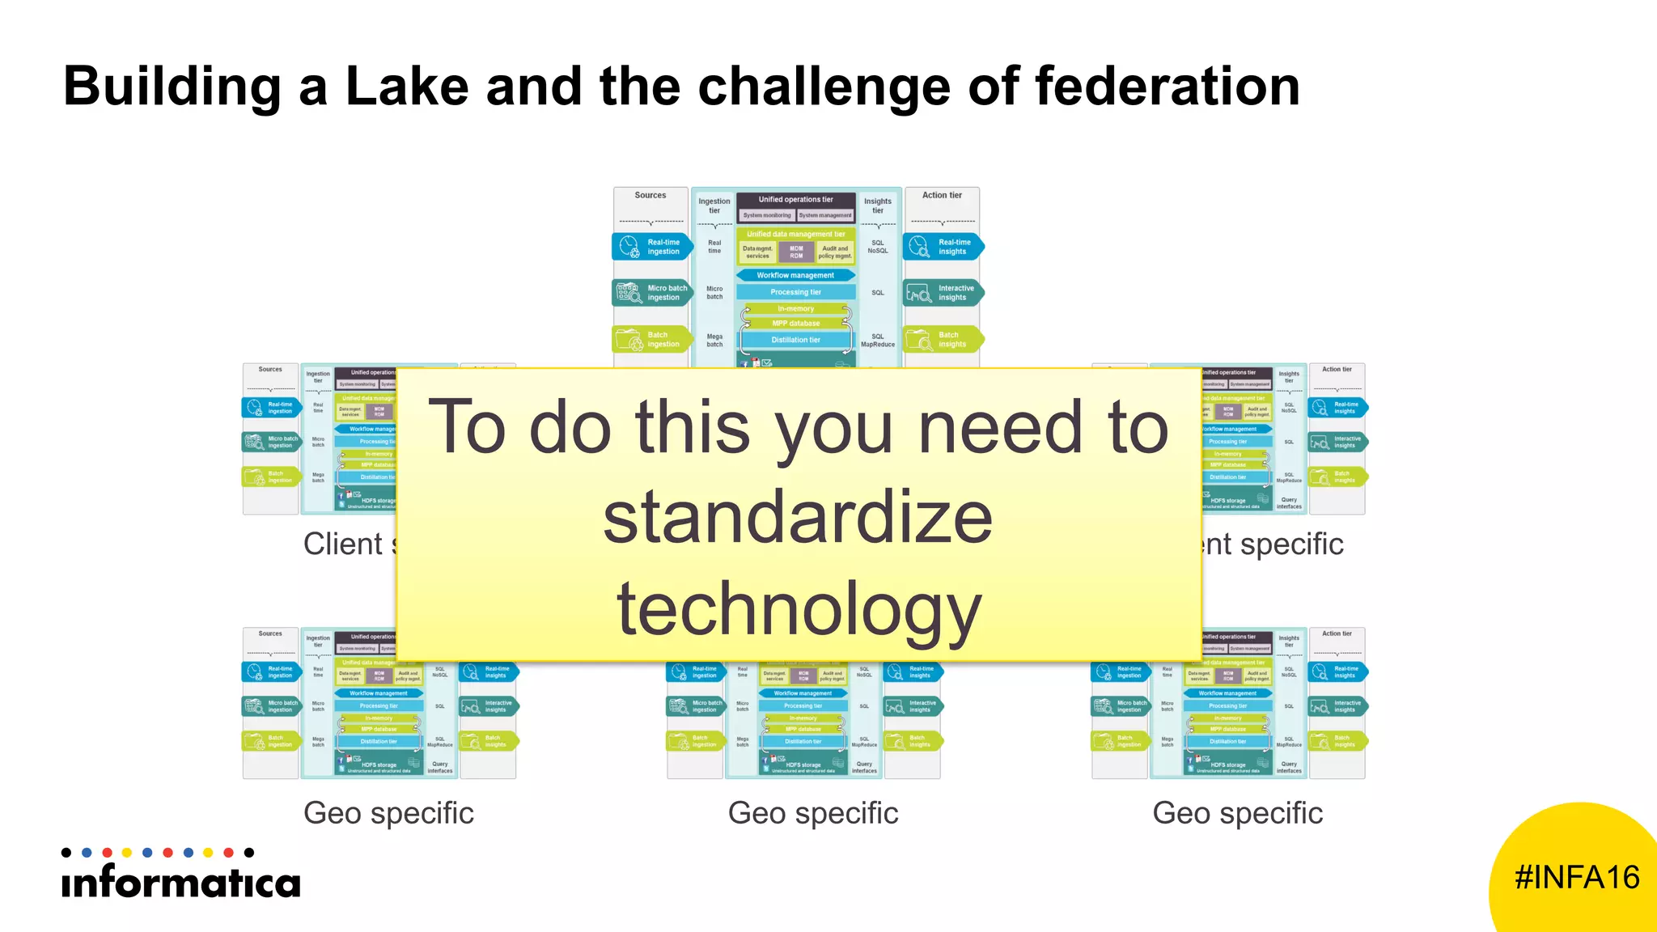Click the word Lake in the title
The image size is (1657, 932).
[407, 87]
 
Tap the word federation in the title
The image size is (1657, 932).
[1167, 87]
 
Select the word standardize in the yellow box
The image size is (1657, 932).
[798, 518]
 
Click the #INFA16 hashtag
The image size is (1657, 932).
[1577, 878]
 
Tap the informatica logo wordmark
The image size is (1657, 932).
[180, 882]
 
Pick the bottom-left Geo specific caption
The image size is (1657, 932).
[388, 813]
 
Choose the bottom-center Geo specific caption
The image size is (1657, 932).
[813, 813]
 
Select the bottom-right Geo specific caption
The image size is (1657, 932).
[1238, 813]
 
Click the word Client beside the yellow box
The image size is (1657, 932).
[343, 544]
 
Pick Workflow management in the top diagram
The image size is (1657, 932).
[795, 275]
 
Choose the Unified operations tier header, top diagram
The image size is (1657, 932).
[795, 199]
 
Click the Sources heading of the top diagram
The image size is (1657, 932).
[651, 195]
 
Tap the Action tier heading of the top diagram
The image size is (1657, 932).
[942, 195]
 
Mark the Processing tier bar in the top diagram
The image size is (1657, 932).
[795, 292]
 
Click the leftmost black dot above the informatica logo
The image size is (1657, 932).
[66, 853]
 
